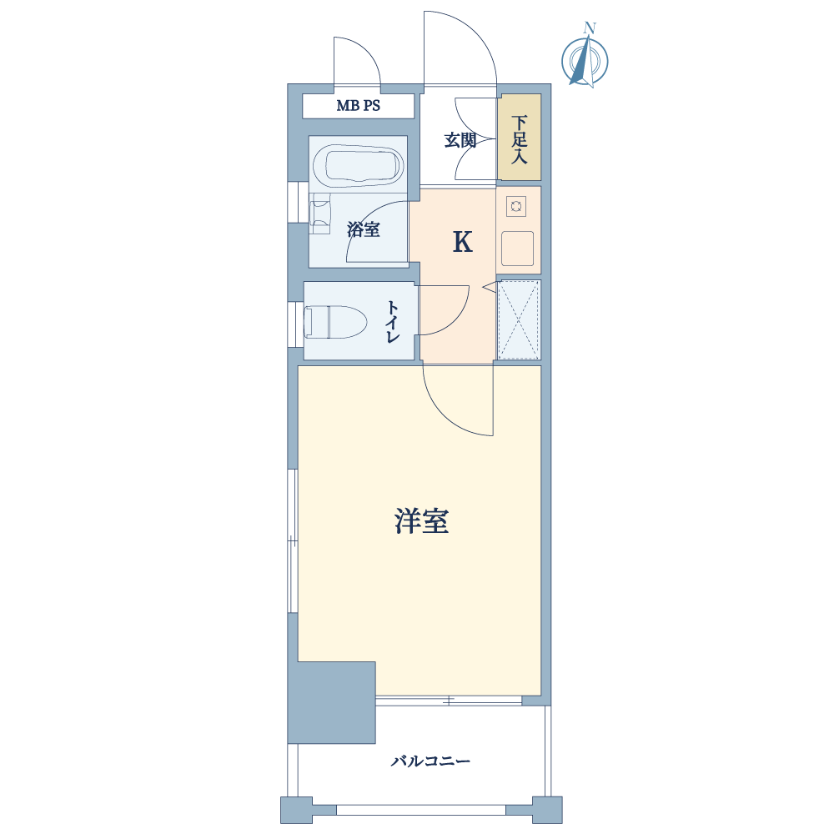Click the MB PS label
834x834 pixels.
click(358, 105)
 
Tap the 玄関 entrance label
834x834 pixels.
click(460, 140)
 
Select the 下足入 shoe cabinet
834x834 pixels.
click(519, 138)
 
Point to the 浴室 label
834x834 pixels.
click(364, 230)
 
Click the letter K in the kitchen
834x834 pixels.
click(462, 243)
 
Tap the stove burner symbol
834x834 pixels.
click(516, 206)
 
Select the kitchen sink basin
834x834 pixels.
click(517, 249)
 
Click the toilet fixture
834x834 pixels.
click(335, 322)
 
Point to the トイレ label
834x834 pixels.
click(393, 322)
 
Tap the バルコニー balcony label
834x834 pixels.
click(431, 761)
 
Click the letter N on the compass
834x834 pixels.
click(589, 28)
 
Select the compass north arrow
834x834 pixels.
click(584, 60)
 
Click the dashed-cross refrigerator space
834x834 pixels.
click(519, 319)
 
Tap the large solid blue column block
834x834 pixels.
click(331, 702)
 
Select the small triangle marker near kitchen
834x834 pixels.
click(489, 288)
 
